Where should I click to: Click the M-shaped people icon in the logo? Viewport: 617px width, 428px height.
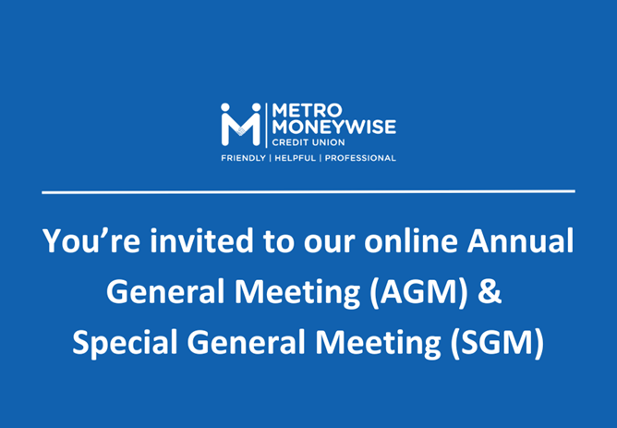click(x=240, y=125)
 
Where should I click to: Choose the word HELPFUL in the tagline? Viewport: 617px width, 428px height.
click(x=293, y=158)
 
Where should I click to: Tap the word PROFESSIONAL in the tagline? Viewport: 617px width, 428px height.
click(x=358, y=158)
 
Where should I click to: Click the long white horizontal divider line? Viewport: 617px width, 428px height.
click(x=308, y=191)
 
